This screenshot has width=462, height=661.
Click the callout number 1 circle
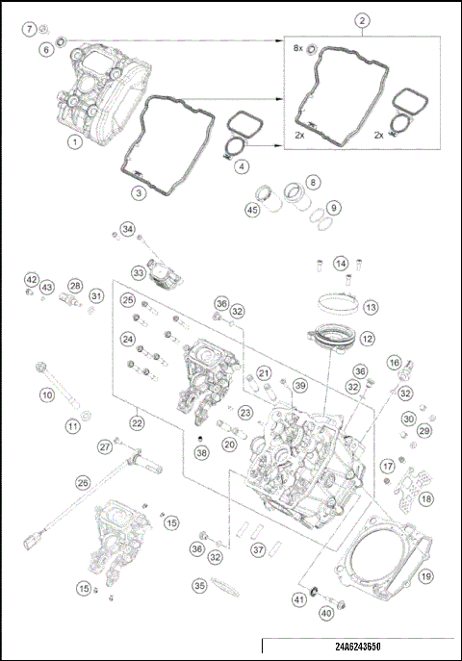tap(73, 142)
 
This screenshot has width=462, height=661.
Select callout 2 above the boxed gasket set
tap(361, 20)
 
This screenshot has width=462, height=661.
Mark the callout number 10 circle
tap(45, 394)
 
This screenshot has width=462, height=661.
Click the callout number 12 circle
tap(367, 340)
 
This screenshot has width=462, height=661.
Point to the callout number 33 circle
tap(140, 273)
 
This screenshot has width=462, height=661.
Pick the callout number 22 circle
tap(137, 420)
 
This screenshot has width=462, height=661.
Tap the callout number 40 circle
tap(326, 612)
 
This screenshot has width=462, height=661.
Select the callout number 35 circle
tap(199, 584)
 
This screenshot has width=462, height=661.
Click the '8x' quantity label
tap(298, 47)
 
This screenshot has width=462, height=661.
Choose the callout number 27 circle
tap(105, 446)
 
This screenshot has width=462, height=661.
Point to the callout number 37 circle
tap(257, 549)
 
